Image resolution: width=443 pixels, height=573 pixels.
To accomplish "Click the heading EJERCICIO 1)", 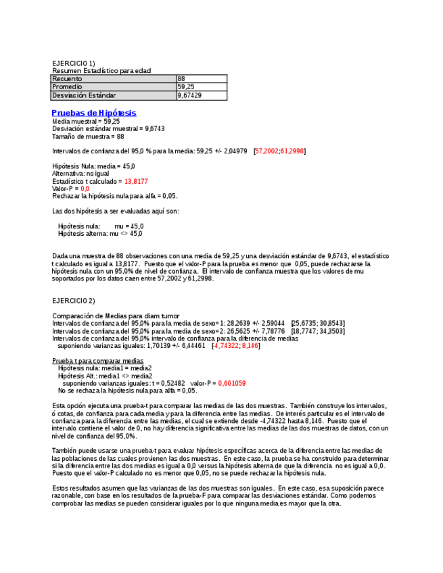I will point(74,63).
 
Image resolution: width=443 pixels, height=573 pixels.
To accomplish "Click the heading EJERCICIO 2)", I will point(74,300).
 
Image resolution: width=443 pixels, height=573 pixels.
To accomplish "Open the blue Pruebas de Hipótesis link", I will point(94,113).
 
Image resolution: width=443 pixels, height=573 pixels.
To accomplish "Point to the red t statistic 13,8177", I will point(136,181).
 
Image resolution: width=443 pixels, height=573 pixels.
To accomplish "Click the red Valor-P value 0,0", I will point(85,189).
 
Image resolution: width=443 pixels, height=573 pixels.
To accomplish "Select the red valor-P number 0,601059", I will point(232,383).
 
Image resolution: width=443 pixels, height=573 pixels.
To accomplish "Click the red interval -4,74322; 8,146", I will point(236,345).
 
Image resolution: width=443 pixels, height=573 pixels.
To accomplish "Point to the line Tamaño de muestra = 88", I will point(88,136).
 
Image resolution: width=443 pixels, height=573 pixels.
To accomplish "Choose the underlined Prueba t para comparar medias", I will point(97,361).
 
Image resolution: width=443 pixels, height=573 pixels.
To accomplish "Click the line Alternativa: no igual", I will point(80,174).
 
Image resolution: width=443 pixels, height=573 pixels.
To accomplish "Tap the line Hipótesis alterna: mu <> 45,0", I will point(100,234).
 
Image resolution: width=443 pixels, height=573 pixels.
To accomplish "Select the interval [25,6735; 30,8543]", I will point(318,323).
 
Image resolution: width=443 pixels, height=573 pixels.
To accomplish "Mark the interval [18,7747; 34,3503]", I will point(318,331).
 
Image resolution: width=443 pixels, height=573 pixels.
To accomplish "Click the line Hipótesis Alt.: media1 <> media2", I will point(106,376).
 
